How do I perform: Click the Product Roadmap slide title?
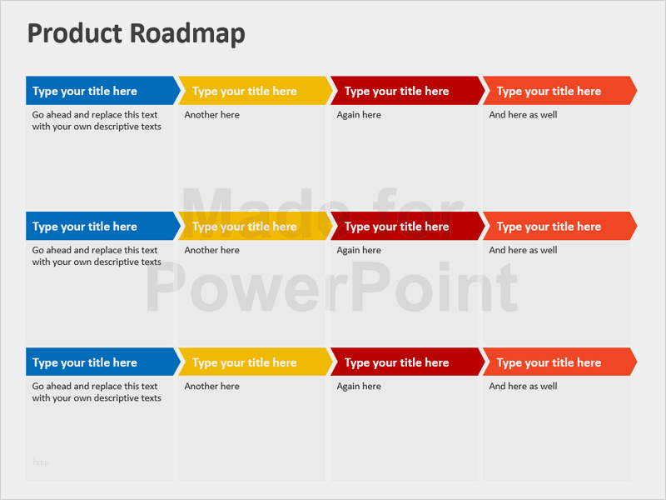pos(137,33)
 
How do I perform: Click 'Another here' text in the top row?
pos(211,115)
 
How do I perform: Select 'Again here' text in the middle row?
pos(359,250)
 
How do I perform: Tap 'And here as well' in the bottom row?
pos(523,386)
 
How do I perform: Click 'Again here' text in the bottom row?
pos(359,386)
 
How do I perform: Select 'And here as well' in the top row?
pos(523,115)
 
